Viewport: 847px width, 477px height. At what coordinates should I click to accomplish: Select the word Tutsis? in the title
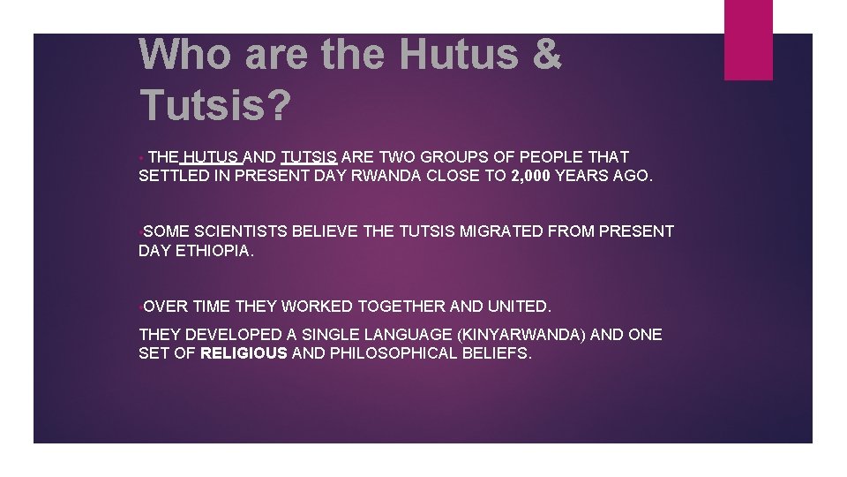click(x=215, y=105)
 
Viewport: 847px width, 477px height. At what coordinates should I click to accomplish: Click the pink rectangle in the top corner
click(x=748, y=40)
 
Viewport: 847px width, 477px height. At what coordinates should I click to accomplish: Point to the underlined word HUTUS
click(x=213, y=157)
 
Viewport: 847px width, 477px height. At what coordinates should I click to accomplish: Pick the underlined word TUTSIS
click(x=309, y=157)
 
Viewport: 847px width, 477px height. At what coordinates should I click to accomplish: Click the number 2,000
click(x=530, y=176)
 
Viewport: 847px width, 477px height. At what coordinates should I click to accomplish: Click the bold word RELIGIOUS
click(x=244, y=354)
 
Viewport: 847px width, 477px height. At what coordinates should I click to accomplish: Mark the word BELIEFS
click(x=498, y=354)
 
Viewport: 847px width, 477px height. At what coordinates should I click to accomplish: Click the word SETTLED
click(x=172, y=176)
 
